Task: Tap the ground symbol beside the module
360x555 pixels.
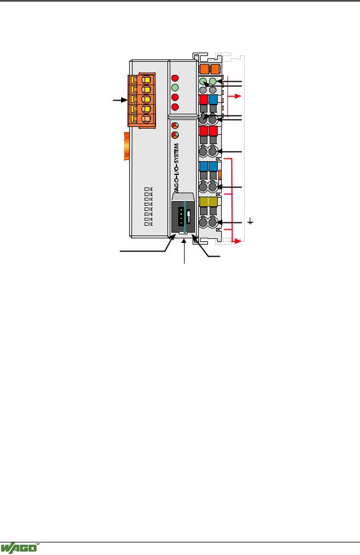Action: pyautogui.click(x=250, y=222)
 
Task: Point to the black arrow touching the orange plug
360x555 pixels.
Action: pyautogui.click(x=120, y=100)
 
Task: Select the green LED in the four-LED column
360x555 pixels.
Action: pyautogui.click(x=175, y=87)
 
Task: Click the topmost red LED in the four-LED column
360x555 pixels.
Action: pyautogui.click(x=175, y=78)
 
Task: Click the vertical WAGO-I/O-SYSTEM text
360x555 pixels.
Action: pyautogui.click(x=176, y=167)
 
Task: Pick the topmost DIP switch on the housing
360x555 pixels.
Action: pyautogui.click(x=149, y=189)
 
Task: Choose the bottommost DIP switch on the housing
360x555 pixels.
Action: pyautogui.click(x=149, y=223)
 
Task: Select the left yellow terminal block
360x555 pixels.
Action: pyautogui.click(x=203, y=202)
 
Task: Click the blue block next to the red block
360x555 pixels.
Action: pyautogui.click(x=213, y=99)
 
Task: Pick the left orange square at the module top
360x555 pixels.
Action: pyautogui.click(x=204, y=69)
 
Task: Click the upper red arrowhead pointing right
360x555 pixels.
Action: pyautogui.click(x=238, y=96)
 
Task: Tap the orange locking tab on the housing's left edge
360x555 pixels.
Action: pyautogui.click(x=126, y=146)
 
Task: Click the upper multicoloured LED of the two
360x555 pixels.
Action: pyautogui.click(x=175, y=125)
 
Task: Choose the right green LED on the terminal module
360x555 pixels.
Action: pyautogui.click(x=213, y=82)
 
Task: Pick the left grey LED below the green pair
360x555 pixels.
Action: pyautogui.click(x=203, y=90)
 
